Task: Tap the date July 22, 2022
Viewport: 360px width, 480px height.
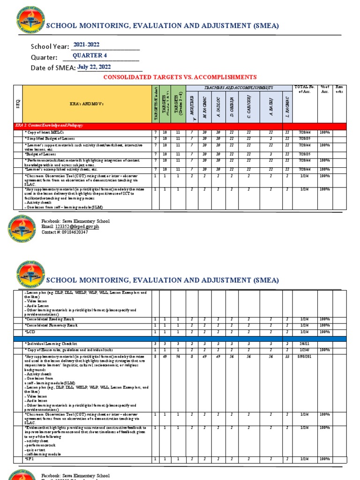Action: tap(94, 67)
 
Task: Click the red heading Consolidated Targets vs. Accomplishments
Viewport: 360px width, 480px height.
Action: tap(180, 77)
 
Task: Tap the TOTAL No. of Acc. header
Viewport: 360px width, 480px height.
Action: tap(305, 89)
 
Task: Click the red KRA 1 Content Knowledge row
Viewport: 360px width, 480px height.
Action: tap(180, 126)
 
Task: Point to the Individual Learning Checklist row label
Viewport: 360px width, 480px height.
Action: tap(52, 344)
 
